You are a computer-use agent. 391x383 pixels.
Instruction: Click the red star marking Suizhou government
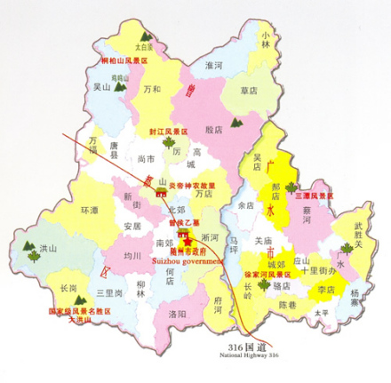(187, 237)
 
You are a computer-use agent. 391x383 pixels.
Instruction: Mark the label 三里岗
(108, 292)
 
